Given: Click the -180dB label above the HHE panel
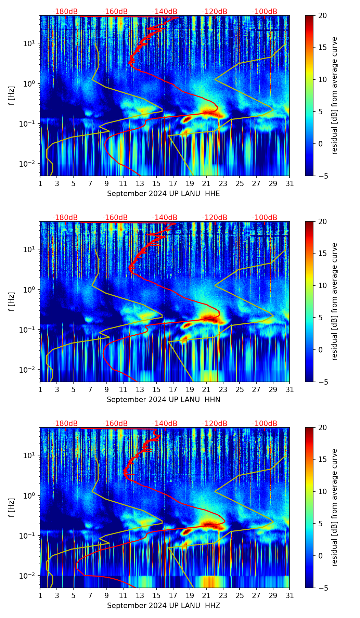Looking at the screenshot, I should pos(65,12).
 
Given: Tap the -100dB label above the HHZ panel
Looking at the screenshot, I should pos(265,424).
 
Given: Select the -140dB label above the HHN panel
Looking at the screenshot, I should pos(165,218).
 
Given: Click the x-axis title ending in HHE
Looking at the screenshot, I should pos(163,194).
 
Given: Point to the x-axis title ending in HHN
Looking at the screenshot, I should pos(163,400).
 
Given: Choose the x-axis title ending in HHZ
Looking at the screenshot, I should pos(163,606).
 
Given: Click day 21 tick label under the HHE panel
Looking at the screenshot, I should pos(206,183).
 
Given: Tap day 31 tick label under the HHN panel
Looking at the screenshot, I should pos(290,389).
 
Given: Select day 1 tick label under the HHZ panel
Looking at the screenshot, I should pos(40,595).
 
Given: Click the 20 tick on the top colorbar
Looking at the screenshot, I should pos(322,15).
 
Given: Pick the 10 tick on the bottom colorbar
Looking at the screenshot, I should pos(322,492).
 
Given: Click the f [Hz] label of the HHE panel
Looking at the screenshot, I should pos(12,96).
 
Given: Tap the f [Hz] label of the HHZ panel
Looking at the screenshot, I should pos(12,508).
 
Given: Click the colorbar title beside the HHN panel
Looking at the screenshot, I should pos(335,301).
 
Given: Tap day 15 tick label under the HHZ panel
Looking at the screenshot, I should pos(156,595).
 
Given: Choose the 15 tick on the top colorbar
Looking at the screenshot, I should pos(322,48).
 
